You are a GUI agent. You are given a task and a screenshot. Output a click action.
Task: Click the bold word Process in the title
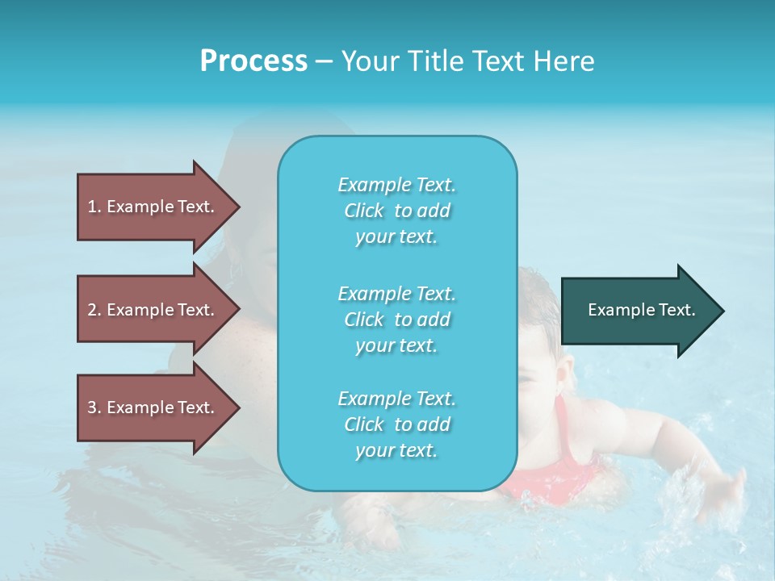click(253, 61)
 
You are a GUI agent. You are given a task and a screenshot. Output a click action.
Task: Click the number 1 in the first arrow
click(92, 207)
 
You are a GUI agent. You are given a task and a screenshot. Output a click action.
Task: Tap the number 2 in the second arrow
click(92, 310)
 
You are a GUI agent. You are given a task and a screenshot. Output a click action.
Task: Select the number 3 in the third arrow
click(92, 408)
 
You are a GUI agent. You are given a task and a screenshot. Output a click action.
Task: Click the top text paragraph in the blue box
click(396, 211)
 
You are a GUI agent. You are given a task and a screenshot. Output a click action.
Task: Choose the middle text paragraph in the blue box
click(396, 320)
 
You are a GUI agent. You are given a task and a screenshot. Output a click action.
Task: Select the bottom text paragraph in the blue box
click(396, 424)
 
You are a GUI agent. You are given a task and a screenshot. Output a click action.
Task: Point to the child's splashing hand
click(727, 488)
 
